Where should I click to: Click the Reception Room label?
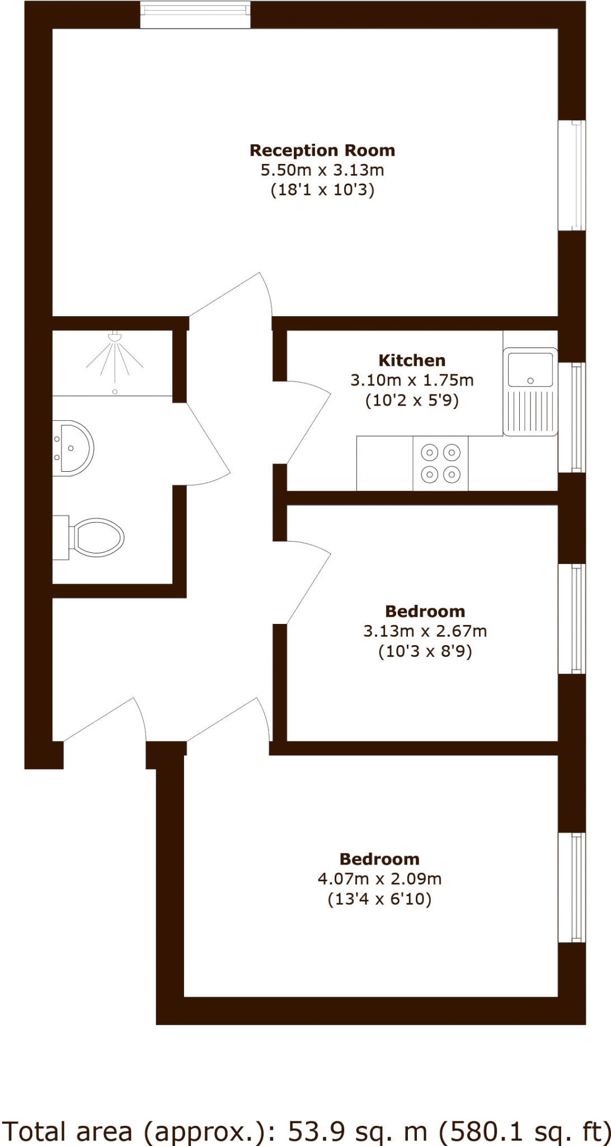[322, 151]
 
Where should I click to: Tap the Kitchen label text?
[412, 360]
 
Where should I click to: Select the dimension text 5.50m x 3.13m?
[322, 170]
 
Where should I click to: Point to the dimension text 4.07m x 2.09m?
[379, 879]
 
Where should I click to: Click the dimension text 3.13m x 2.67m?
[425, 631]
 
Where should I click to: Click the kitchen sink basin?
[530, 369]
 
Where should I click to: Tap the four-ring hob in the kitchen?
[440, 463]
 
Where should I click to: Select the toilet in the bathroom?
[95, 538]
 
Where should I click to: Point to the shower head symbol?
[115, 337]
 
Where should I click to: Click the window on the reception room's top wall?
[195, 15]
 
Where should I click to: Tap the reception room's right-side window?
[572, 175]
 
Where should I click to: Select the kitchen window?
[572, 417]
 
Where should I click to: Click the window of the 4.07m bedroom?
[572, 887]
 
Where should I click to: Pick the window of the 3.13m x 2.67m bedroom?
[572, 618]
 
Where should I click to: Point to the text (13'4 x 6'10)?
[379, 899]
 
